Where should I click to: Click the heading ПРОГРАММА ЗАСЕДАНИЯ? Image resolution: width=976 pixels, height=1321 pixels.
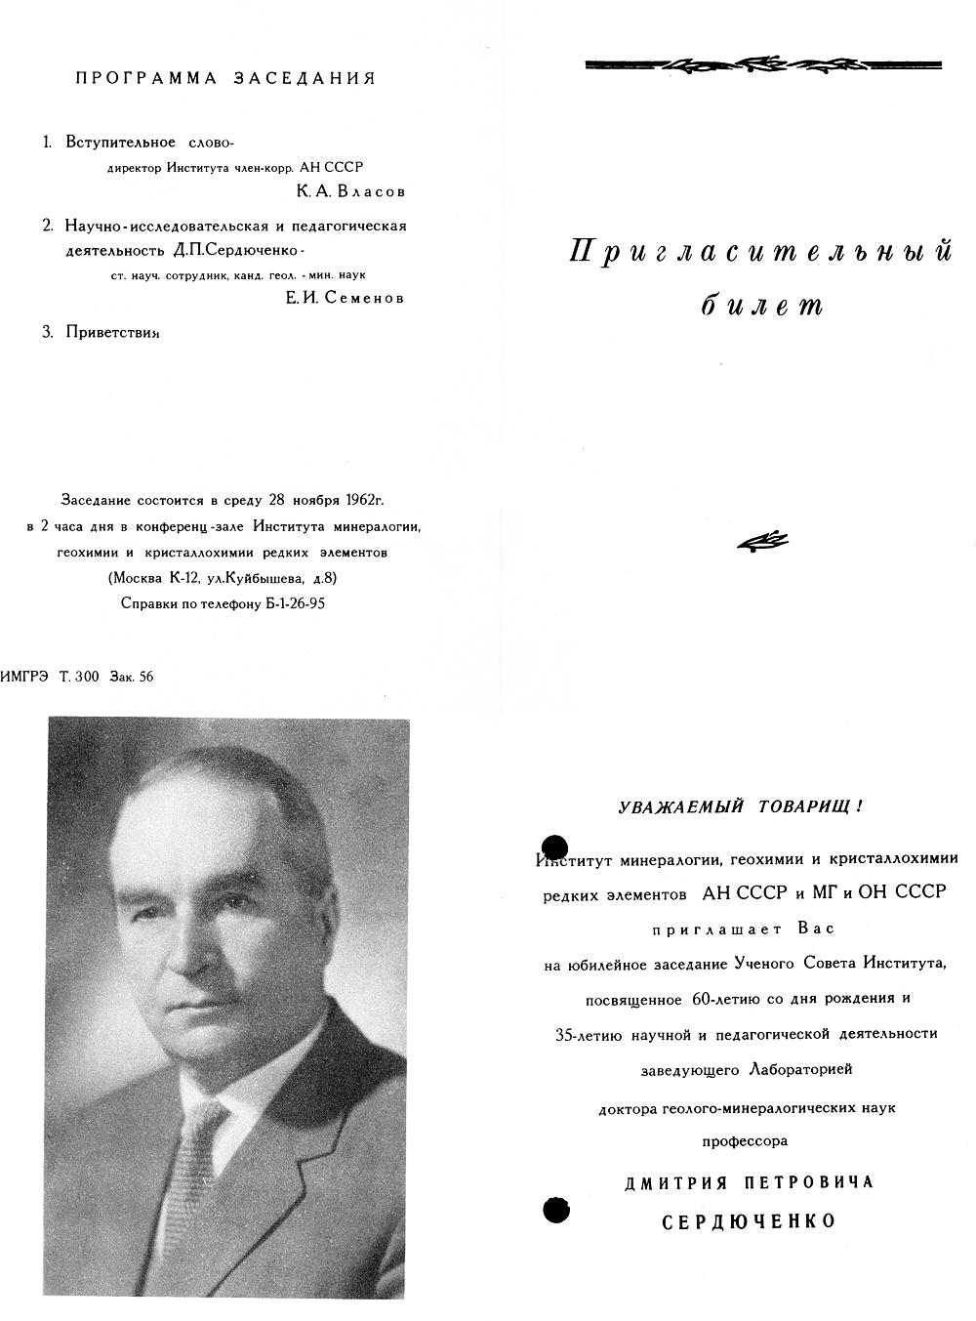coord(225,79)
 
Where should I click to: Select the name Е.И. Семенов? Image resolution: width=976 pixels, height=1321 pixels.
coord(345,298)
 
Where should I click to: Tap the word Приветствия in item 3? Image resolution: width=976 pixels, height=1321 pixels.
coord(112,332)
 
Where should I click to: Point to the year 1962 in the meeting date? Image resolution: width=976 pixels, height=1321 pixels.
coord(362,500)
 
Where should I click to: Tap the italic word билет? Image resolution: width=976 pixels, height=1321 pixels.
coord(762,306)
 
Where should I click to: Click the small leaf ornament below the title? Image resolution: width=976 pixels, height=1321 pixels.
coord(762,543)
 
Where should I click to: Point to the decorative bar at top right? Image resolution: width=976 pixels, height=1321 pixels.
coord(762,65)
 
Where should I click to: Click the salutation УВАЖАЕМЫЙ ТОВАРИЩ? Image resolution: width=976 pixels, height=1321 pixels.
coord(741,807)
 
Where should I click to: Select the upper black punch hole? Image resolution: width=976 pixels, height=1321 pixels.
coord(554,848)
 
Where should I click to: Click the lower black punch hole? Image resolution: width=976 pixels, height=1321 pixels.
coord(554,1210)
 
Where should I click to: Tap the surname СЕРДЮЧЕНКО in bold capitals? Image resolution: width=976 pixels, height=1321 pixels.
coord(749,1221)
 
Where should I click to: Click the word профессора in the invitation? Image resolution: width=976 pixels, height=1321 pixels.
coord(745,1140)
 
